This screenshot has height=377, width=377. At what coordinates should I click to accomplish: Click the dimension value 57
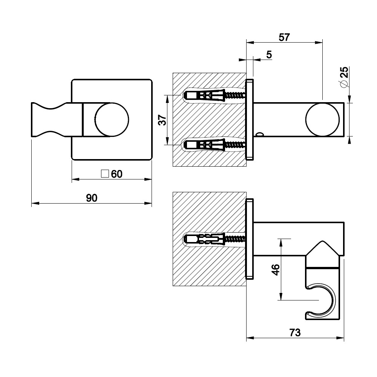(x=284, y=37)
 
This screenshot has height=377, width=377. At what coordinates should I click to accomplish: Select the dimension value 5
(x=269, y=55)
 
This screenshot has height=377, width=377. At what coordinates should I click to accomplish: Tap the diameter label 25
(x=344, y=72)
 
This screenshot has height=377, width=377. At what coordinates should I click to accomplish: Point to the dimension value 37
(x=162, y=120)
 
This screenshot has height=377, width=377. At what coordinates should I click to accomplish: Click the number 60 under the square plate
(x=116, y=174)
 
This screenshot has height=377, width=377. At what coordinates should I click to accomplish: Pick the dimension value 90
(x=92, y=198)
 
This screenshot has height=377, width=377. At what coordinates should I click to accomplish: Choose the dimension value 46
(x=276, y=270)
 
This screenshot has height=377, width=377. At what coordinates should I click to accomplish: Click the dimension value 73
(x=295, y=333)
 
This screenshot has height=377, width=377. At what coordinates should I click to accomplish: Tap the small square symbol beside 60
(x=105, y=174)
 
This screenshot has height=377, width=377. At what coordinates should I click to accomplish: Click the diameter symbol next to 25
(x=344, y=84)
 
